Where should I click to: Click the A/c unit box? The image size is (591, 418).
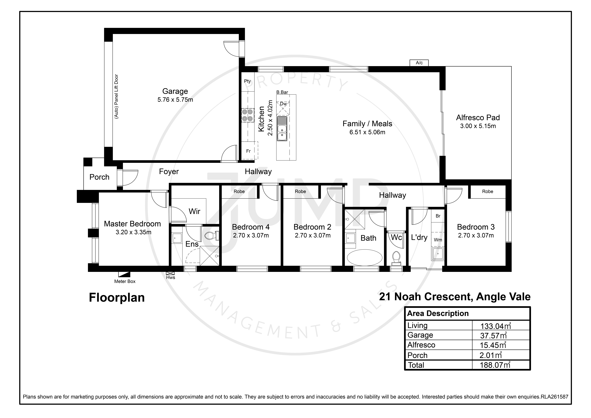[419, 63]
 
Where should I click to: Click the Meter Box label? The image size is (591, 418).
[125, 281]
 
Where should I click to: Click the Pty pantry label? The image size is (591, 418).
[247, 81]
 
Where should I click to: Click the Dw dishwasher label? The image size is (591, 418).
[283, 104]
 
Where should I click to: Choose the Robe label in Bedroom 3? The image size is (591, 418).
[488, 191]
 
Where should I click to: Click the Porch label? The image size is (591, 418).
[99, 177]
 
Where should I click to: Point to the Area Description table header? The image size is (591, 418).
[438, 313]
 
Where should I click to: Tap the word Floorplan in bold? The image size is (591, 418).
[117, 298]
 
